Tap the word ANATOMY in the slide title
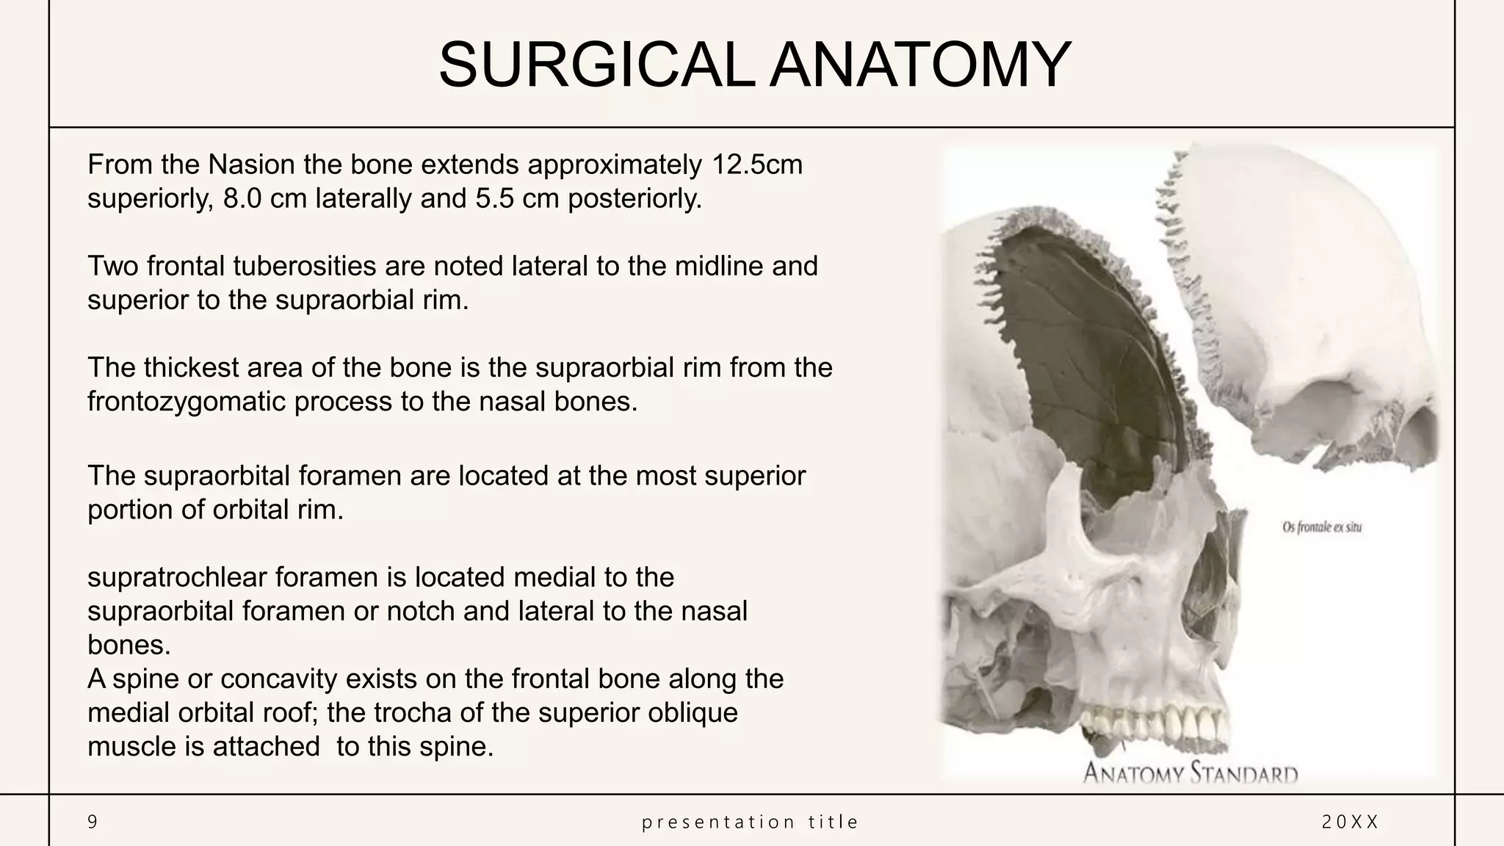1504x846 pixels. [x=921, y=65]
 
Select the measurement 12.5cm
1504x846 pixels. [x=757, y=164]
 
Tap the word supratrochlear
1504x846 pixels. [x=177, y=577]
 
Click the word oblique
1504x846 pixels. [x=693, y=712]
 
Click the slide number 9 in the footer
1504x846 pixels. [x=93, y=822]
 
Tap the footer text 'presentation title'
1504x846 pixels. [x=751, y=822]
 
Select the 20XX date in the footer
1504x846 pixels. [x=1350, y=822]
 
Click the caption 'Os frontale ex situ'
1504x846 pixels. [x=1322, y=527]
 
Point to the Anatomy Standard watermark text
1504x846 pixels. [x=1190, y=773]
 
